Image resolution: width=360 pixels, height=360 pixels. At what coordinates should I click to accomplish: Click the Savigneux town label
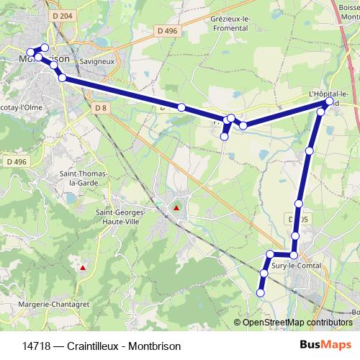99,62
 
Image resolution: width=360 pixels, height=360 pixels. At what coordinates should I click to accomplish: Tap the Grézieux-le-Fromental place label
231,24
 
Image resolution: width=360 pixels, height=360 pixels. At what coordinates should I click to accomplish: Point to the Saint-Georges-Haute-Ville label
120,217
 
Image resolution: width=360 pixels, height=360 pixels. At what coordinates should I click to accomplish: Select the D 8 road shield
100,107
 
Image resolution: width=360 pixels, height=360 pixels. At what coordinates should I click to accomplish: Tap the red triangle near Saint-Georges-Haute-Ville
176,209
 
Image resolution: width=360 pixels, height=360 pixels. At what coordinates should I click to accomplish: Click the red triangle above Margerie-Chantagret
84,269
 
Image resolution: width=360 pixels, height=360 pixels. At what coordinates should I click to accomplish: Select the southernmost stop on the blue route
261,292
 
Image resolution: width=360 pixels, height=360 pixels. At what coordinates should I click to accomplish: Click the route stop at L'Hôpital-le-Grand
329,102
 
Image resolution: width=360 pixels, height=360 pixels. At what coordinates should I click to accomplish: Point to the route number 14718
37,346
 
